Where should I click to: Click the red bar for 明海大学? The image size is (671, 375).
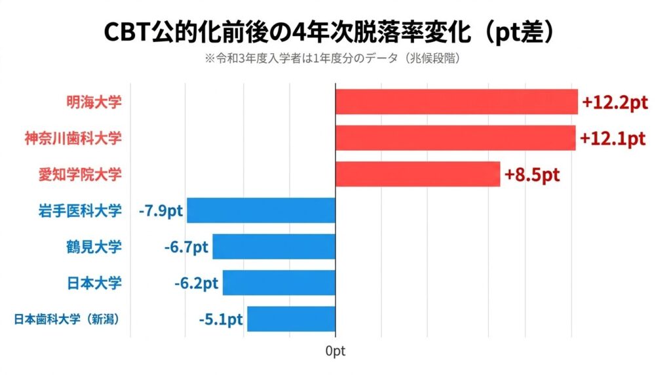pyautogui.click(x=456, y=102)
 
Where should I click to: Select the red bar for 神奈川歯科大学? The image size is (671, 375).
pyautogui.click(x=455, y=138)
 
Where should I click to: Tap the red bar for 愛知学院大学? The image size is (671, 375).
pyautogui.click(x=417, y=174)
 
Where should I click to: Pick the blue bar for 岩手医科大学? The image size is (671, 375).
pyautogui.click(x=261, y=210)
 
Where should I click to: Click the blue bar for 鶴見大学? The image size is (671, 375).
pyautogui.click(x=273, y=247)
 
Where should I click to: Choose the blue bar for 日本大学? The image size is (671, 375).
pyautogui.click(x=278, y=283)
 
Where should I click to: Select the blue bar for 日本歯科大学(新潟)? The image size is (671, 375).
pyautogui.click(x=290, y=319)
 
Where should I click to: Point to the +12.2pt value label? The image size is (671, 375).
pyautogui.click(x=615, y=103)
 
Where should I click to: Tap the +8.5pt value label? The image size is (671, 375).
pyautogui.click(x=532, y=175)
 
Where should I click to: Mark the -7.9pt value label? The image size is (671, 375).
pyautogui.click(x=161, y=211)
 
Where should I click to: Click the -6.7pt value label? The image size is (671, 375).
pyautogui.click(x=186, y=247)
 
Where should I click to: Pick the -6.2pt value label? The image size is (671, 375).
pyautogui.click(x=197, y=283)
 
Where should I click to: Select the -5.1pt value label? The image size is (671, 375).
pyautogui.click(x=221, y=319)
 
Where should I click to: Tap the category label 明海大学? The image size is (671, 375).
pyautogui.click(x=94, y=102)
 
